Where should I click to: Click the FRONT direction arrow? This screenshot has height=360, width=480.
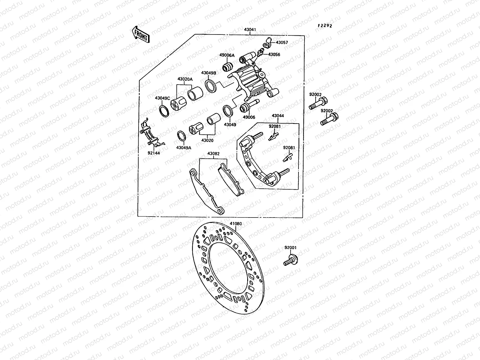click(x=140, y=34)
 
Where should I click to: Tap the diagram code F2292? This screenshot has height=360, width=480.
click(x=325, y=25)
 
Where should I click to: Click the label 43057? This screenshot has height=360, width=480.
click(x=282, y=43)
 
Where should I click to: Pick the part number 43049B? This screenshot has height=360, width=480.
click(x=208, y=73)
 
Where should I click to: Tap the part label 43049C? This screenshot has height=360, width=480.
click(x=163, y=98)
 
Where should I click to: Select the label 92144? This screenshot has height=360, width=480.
click(x=154, y=153)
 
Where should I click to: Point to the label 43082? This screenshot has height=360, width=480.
click(x=213, y=154)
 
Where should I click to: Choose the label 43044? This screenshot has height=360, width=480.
click(x=278, y=115)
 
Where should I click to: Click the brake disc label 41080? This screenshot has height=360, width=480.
click(x=236, y=223)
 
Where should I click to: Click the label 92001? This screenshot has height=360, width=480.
click(x=290, y=248)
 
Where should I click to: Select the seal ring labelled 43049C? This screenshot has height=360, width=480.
click(x=163, y=111)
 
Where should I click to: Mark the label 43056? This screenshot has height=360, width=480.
click(x=274, y=55)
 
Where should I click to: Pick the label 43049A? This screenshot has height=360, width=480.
click(x=184, y=148)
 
